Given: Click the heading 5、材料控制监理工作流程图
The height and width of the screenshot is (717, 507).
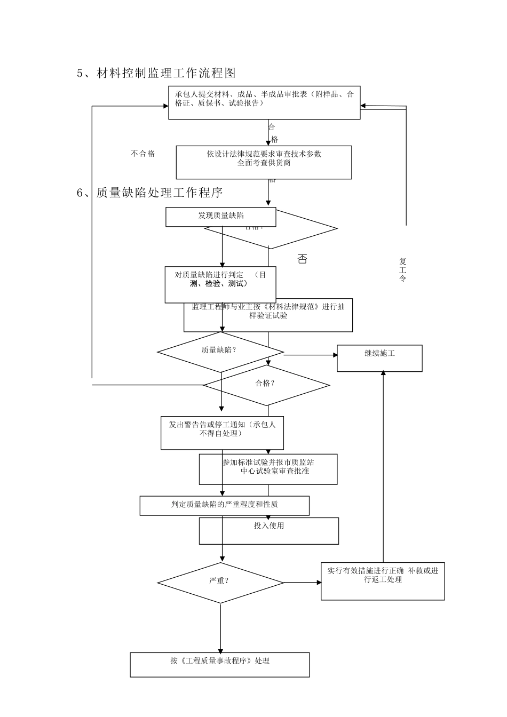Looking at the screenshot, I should (x=156, y=73).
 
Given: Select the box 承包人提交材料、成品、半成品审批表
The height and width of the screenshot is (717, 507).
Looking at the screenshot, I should (x=264, y=102).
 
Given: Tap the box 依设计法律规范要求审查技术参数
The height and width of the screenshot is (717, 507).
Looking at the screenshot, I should (x=264, y=162).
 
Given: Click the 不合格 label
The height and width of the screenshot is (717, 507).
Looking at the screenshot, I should (x=142, y=154).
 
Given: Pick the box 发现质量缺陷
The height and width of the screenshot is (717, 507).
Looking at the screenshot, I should (x=220, y=217).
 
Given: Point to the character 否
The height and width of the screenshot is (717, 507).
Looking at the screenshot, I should (x=302, y=260).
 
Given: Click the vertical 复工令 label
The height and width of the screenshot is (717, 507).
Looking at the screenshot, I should (x=402, y=270).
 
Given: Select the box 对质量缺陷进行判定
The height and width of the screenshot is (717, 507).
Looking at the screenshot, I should (x=220, y=284).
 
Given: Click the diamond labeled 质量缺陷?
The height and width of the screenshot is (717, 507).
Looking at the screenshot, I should (x=220, y=352).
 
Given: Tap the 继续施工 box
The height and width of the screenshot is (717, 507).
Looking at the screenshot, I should (x=379, y=358).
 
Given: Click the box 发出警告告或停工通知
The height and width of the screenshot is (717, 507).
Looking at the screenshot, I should (x=222, y=433).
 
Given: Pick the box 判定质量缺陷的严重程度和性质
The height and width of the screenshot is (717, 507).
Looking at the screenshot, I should (x=224, y=505).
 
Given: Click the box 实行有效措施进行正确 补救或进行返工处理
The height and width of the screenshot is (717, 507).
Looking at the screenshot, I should (x=383, y=581).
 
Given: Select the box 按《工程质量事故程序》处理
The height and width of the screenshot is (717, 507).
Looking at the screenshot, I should (x=220, y=664).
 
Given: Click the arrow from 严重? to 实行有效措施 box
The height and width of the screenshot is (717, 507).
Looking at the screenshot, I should (x=302, y=583).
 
